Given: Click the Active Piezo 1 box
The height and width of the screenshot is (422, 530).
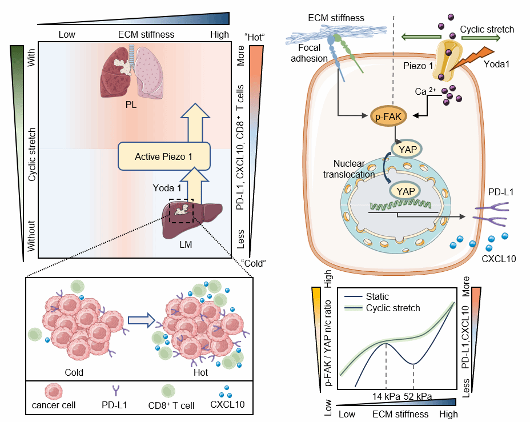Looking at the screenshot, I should pyautogui.click(x=164, y=156).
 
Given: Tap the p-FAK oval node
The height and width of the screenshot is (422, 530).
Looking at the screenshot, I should pyautogui.click(x=387, y=116).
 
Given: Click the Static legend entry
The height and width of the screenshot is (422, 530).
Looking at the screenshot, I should pyautogui.click(x=377, y=297).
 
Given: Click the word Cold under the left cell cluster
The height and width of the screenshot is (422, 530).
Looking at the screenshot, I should pyautogui.click(x=74, y=372).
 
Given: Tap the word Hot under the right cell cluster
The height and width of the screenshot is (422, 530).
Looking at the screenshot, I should pyautogui.click(x=200, y=372).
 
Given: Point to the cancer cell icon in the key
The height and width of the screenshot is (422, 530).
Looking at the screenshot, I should pyautogui.click(x=53, y=392).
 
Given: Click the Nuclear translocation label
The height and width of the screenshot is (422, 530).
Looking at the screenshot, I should pyautogui.click(x=352, y=170).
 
